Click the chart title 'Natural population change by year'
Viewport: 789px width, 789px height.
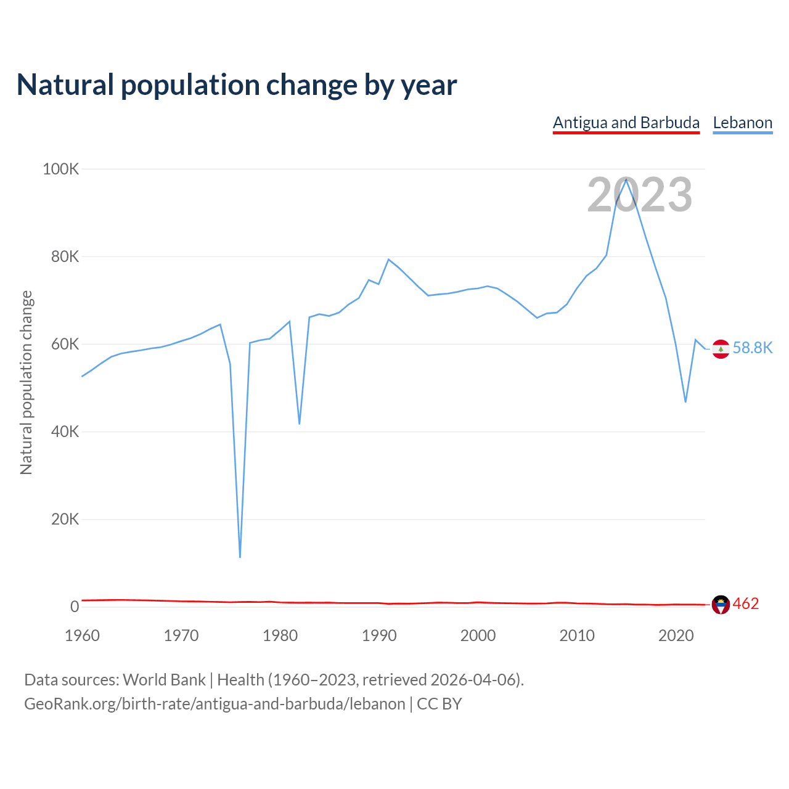[x=237, y=85]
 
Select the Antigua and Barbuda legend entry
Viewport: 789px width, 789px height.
[x=626, y=123]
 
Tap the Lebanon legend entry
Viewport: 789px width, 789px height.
[x=742, y=123]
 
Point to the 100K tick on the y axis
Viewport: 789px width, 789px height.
[x=61, y=169]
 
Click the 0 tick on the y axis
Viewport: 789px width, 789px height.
[x=75, y=607]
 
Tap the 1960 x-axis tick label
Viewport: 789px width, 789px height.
[x=82, y=636]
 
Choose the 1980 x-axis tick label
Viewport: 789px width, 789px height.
[x=280, y=636]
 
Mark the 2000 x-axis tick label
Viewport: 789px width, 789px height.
[x=478, y=636]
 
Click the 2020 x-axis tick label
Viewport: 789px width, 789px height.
[x=676, y=636]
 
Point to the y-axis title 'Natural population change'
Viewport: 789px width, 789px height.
[x=27, y=382]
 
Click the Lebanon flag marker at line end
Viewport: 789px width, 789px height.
[x=721, y=349]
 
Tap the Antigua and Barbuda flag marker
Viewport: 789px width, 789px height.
[x=721, y=605]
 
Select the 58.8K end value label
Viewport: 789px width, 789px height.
[x=753, y=348]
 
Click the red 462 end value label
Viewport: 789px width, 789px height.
[x=746, y=604]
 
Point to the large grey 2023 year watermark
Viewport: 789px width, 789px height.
[x=639, y=195]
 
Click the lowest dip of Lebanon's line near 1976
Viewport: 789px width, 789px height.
[x=240, y=557]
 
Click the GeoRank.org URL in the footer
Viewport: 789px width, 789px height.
[x=215, y=704]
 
